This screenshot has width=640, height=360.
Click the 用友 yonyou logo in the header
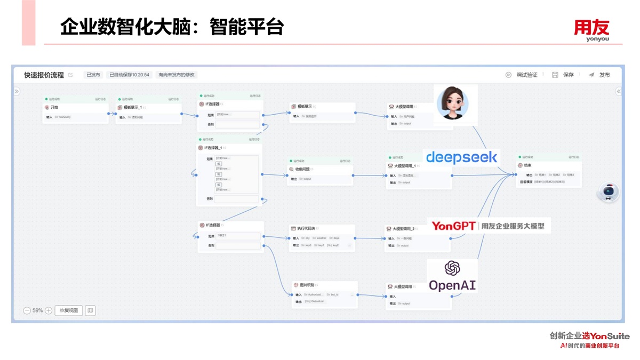click(591, 29)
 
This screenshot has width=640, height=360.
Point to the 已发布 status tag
click(93, 75)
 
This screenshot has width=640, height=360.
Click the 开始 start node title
click(54, 107)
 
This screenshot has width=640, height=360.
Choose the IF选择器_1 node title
click(213, 148)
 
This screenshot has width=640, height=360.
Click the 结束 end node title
click(527, 165)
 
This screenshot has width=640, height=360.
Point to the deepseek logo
click(462, 157)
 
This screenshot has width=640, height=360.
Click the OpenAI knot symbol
click(452, 268)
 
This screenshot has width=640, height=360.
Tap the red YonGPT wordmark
click(453, 226)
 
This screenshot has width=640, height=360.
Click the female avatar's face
click(453, 104)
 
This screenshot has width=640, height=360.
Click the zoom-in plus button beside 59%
click(49, 310)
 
